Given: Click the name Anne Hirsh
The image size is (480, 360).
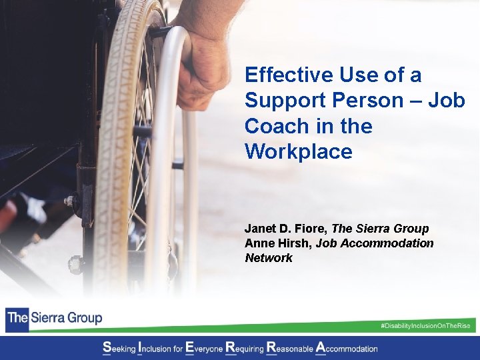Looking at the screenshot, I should click(277, 243).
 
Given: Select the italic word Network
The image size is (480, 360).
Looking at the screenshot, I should click(268, 258).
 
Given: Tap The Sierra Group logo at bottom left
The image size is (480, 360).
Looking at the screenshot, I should click(55, 317).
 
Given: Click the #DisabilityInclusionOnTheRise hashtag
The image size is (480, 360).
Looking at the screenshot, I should click(425, 325).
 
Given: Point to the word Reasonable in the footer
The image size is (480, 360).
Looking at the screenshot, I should click(290, 348).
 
